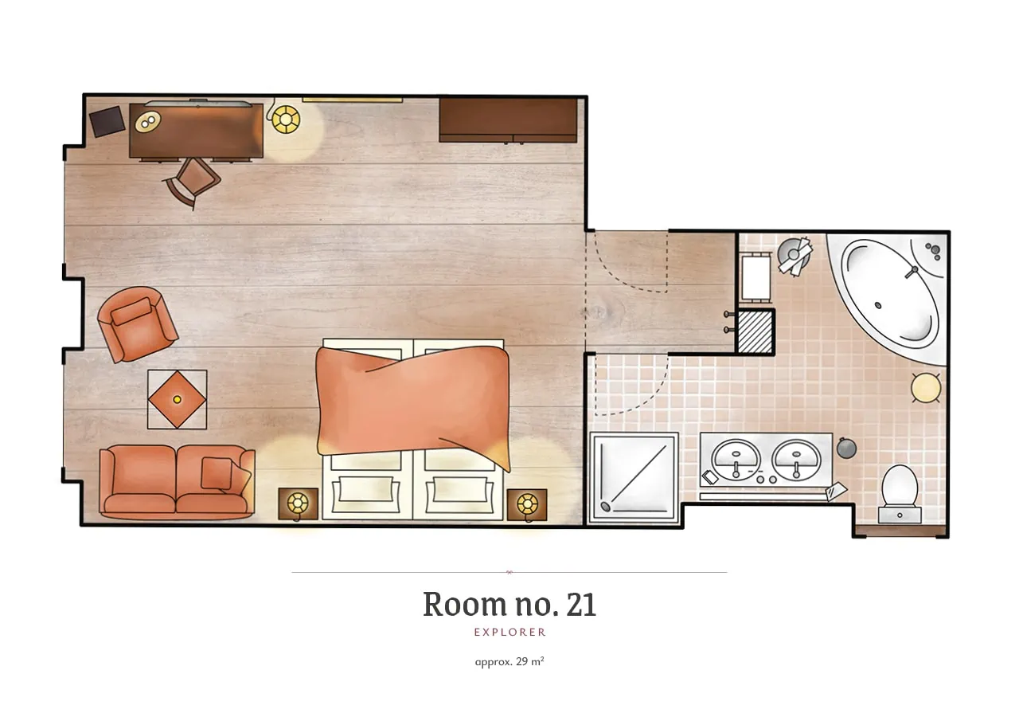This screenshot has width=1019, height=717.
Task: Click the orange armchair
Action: pyautogui.click(x=138, y=324)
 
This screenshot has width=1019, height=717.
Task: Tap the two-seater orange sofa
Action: pyautogui.click(x=177, y=482)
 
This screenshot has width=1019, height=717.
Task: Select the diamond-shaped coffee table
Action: pyautogui.click(x=177, y=399)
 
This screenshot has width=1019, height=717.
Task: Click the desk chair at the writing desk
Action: pyautogui.click(x=193, y=181)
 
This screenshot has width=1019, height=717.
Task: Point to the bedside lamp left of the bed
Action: pyautogui.click(x=298, y=504)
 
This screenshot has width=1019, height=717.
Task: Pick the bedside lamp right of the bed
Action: pyautogui.click(x=527, y=504)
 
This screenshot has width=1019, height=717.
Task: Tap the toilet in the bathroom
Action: pyautogui.click(x=900, y=493)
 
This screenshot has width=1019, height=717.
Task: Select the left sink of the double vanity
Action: pyautogui.click(x=736, y=460)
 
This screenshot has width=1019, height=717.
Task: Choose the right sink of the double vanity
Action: pyautogui.click(x=796, y=460)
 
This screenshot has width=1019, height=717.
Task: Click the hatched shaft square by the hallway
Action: pyautogui.click(x=755, y=331)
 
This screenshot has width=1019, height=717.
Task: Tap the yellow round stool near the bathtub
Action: pyautogui.click(x=926, y=388)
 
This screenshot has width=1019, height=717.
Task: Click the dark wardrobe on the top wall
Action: pyautogui.click(x=508, y=120)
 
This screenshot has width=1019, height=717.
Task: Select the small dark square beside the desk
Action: pyautogui.click(x=107, y=121)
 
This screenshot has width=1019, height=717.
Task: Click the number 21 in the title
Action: pyautogui.click(x=581, y=605)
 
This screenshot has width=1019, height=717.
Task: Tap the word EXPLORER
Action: pyautogui.click(x=509, y=632)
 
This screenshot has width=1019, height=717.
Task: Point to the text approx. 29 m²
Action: pyautogui.click(x=509, y=661)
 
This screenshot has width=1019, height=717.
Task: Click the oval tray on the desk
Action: pyautogui.click(x=148, y=121)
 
